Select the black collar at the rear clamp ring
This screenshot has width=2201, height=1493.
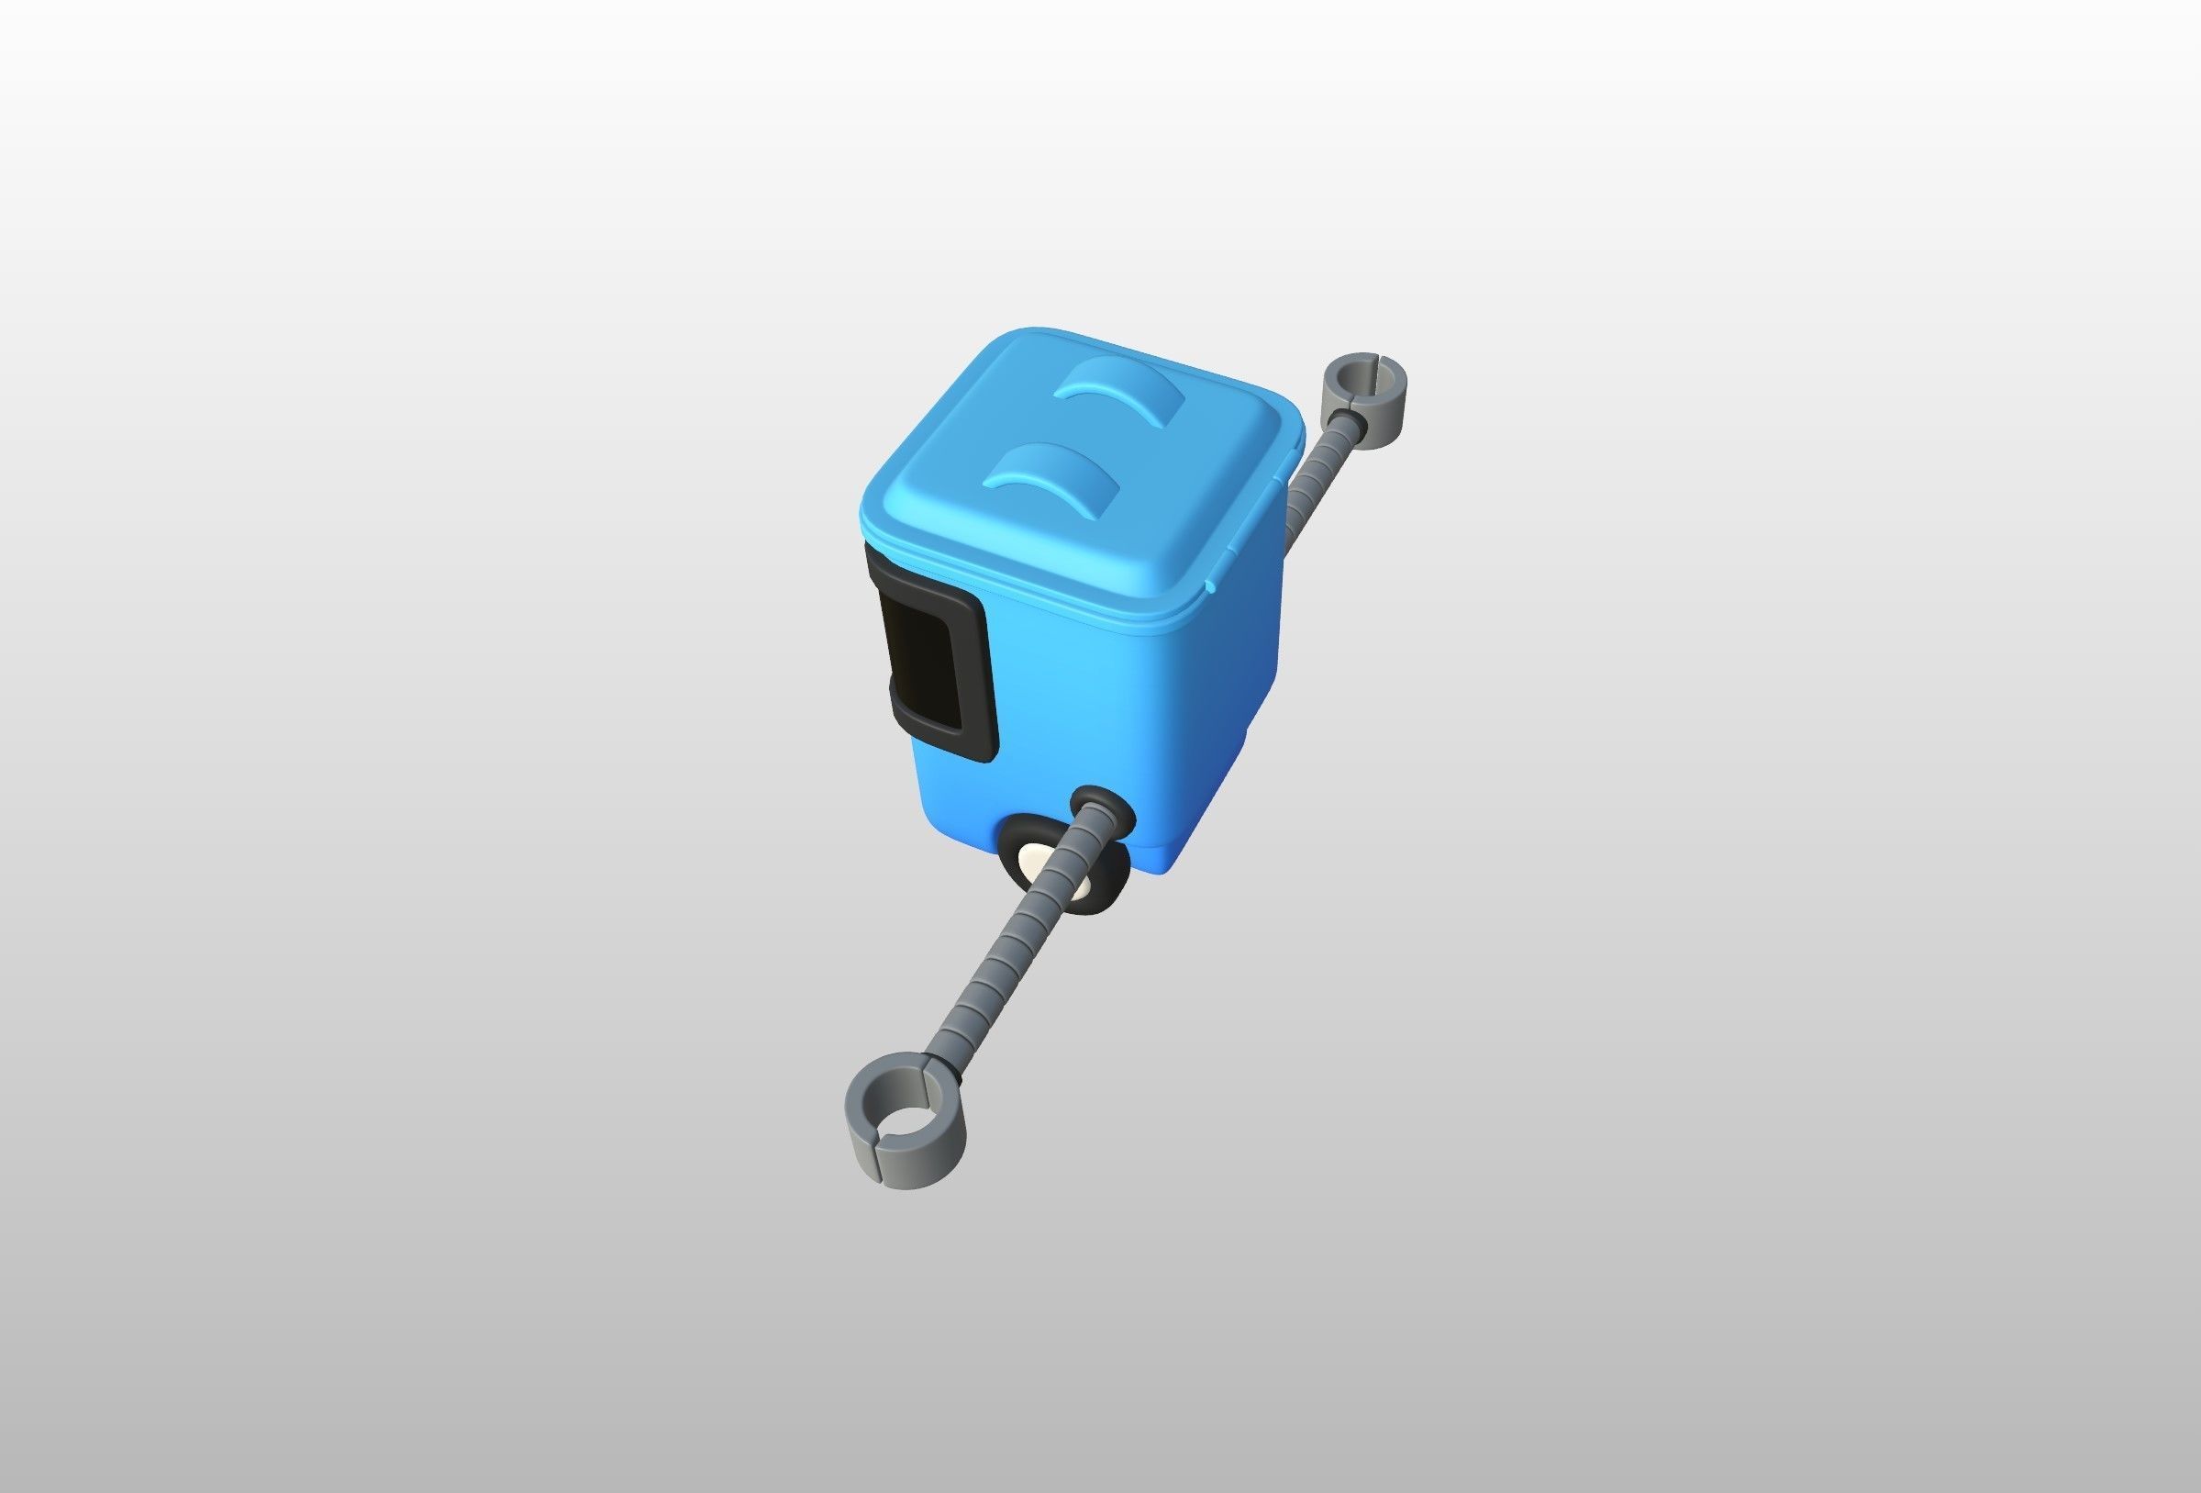pyautogui.click(x=1350, y=418)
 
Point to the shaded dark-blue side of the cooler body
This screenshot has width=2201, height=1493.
pyautogui.click(x=1240, y=682)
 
